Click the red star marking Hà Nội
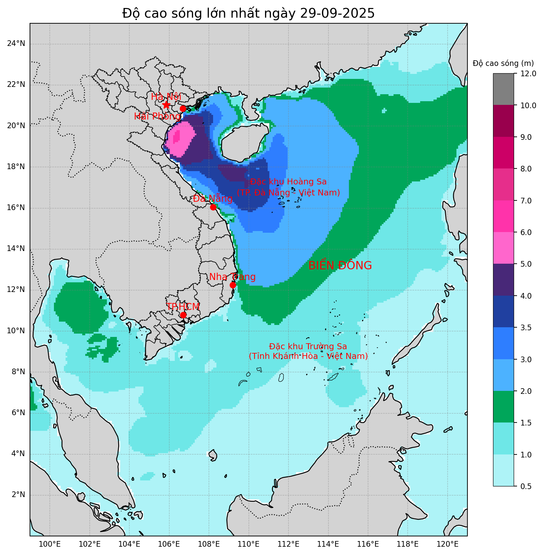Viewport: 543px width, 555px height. [166, 105]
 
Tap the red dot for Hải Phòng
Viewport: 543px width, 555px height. [183, 109]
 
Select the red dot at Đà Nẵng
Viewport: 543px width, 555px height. [213, 207]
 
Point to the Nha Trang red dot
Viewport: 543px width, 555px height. [233, 285]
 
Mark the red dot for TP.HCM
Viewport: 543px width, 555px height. [183, 315]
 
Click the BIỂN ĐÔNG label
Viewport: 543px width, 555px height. [340, 266]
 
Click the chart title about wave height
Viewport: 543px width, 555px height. [248, 13]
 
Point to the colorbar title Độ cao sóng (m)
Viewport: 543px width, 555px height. [503, 63]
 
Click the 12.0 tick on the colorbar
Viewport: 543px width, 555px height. [528, 74]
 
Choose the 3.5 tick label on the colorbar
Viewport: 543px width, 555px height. [526, 328]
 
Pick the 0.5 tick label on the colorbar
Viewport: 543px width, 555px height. [526, 486]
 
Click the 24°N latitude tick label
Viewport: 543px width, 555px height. [16, 44]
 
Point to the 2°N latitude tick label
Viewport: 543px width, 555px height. [18, 495]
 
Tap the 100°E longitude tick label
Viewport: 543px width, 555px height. [50, 545]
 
